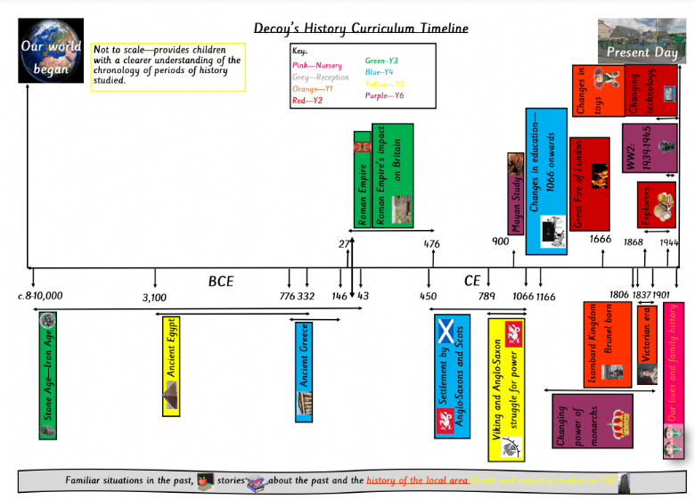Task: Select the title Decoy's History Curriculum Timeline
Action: click(x=360, y=29)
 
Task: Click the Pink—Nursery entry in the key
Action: click(x=316, y=65)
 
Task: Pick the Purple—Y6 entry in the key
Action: click(x=385, y=95)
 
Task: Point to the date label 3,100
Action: click(x=154, y=297)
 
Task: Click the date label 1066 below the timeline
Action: click(x=522, y=297)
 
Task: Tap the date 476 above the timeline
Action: click(x=431, y=242)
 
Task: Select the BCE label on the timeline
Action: click(x=221, y=282)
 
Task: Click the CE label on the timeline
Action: click(x=472, y=282)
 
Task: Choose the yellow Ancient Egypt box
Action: click(x=171, y=365)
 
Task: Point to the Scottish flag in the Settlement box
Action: click(x=446, y=332)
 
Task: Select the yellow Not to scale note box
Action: click(x=167, y=65)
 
